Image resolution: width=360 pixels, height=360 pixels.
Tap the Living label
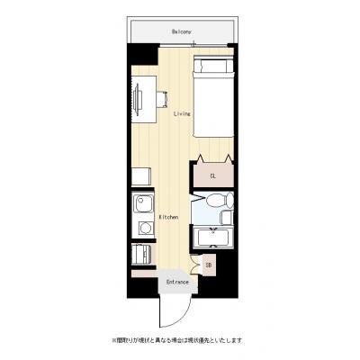180,114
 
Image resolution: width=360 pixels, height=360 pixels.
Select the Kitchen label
168,218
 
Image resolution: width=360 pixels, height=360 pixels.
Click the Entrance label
176,283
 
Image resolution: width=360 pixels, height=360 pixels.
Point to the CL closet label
212,176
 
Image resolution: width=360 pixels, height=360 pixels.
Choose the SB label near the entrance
208,265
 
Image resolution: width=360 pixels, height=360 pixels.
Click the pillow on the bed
212,67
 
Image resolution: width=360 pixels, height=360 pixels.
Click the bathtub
213,238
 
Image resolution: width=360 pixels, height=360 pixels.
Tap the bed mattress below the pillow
212,108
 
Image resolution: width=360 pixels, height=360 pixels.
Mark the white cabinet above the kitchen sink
141,177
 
